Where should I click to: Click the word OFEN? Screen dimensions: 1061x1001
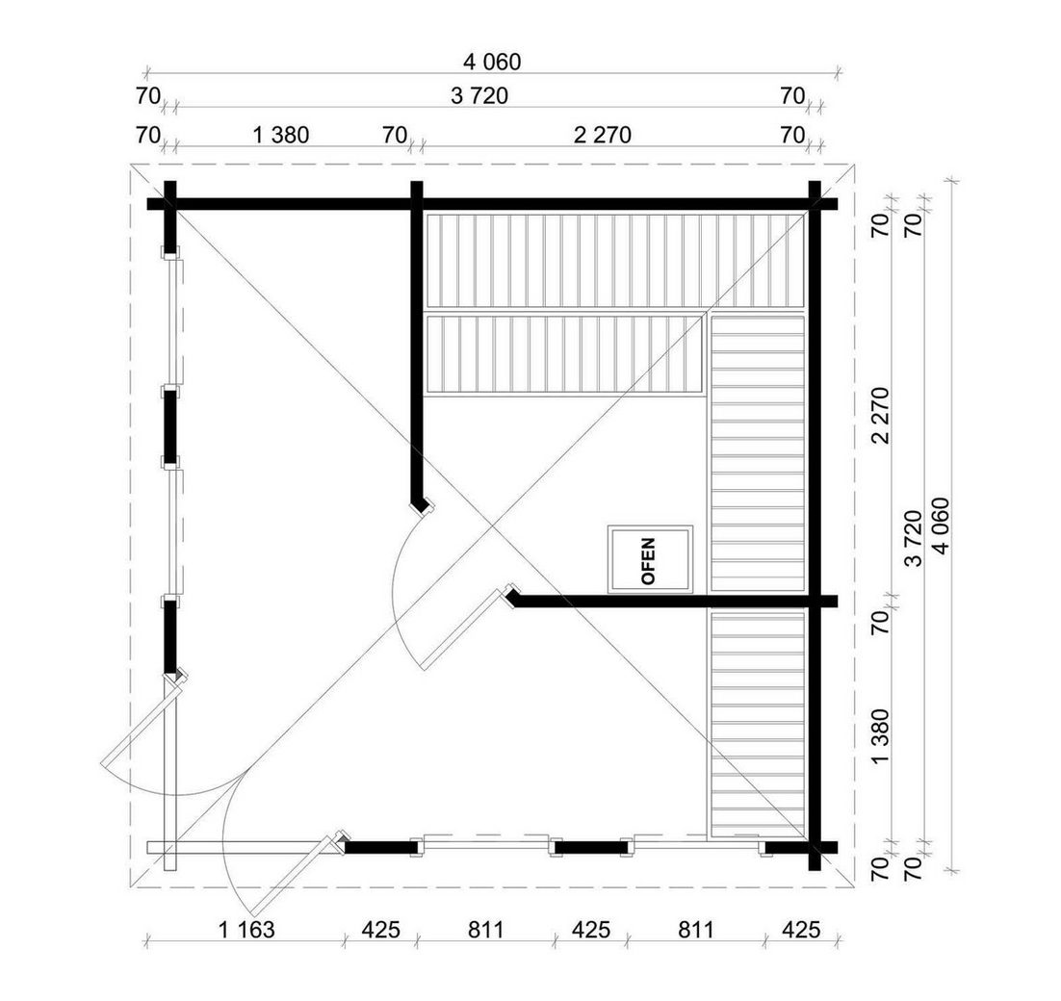coord(648,561)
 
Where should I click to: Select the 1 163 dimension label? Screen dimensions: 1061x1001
coord(247,930)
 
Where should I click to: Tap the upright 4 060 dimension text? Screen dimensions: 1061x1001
coord(492,62)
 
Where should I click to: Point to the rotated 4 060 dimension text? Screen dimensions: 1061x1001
coord(940,526)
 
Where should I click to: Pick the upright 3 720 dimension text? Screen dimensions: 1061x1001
coord(479,96)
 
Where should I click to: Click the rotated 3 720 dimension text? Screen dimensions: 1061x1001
coord(913,538)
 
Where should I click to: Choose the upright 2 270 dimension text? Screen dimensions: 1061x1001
coord(602,135)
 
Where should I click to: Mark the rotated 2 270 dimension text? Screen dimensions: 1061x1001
coord(880,415)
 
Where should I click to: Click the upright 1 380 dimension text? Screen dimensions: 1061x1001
coord(281,135)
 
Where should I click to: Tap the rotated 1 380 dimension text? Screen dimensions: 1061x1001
coord(880,736)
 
